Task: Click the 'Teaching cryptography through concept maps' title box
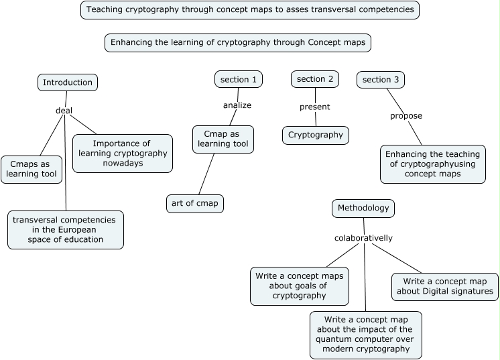tap(250, 10)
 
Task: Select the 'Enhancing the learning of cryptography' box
tap(238, 43)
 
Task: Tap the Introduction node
tap(68, 82)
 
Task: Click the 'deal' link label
tap(64, 111)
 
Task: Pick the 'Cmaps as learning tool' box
tap(32, 170)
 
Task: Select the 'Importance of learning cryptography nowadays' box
tap(122, 154)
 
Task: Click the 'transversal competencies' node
tap(66, 230)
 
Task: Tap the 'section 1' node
tap(239, 80)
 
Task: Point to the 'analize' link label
tap(237, 105)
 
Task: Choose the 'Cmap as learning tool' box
tap(223, 139)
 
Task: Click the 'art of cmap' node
tap(195, 204)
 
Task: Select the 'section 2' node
tap(315, 79)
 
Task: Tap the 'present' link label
tap(315, 107)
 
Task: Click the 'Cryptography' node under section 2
tap(316, 135)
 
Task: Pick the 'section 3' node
tap(381, 80)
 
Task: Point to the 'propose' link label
tap(406, 116)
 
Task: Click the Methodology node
tap(363, 208)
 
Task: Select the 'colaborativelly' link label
tap(363, 238)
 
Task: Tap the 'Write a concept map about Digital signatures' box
tap(444, 286)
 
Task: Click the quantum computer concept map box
tap(366, 334)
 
